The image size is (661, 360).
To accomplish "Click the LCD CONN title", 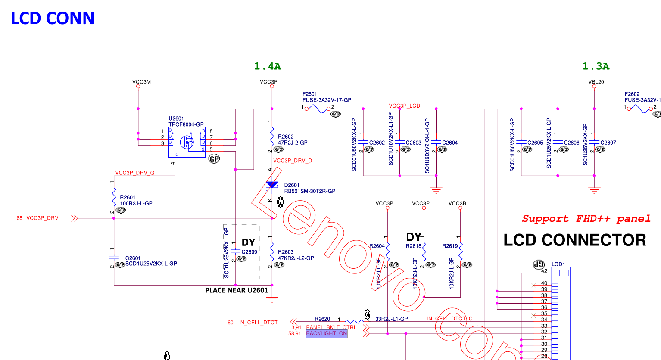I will (52, 18).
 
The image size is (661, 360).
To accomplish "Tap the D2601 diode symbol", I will (272, 185).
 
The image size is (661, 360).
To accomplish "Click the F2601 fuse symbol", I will (319, 109).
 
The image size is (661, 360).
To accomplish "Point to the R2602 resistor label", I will (286, 137).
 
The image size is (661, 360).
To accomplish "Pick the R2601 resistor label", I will (128, 197).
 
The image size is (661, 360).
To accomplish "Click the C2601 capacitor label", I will (133, 258).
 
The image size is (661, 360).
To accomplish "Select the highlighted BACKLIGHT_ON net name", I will (326, 333).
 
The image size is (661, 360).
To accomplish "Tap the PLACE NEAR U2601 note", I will (237, 290).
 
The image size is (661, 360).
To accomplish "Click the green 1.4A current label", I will (267, 66).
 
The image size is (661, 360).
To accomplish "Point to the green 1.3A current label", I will (596, 66).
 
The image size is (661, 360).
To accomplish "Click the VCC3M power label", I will (141, 82).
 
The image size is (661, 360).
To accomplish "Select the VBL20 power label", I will (596, 82).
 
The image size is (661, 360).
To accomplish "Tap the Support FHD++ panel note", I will (586, 219).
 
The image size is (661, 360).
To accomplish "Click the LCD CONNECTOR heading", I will (574, 240).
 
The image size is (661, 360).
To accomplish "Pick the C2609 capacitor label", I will (249, 252).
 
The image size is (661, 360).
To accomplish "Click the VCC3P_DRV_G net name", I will (134, 173).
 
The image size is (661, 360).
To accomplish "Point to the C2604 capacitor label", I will (450, 143).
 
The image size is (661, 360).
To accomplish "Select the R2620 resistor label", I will (322, 319).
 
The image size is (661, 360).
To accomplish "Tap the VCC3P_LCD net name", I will (404, 106).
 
